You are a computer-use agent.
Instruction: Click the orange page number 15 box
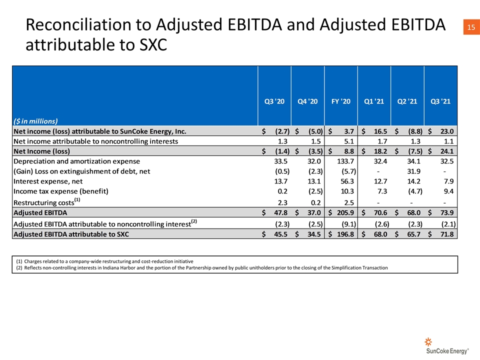click(471, 27)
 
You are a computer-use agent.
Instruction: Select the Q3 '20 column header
click(274, 101)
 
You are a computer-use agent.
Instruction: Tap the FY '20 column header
click(340, 101)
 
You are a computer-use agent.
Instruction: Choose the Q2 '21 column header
click(407, 101)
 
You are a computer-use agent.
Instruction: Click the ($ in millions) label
click(35, 121)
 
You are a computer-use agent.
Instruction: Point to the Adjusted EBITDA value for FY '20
click(345, 212)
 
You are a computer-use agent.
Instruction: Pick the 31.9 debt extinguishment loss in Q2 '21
click(413, 171)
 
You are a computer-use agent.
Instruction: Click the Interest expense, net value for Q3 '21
click(448, 181)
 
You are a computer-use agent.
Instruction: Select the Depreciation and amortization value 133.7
click(345, 161)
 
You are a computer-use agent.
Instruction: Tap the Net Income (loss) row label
click(41, 151)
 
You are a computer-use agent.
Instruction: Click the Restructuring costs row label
click(47, 202)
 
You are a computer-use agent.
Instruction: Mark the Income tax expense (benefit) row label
click(61, 191)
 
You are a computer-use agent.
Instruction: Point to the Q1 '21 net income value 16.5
click(380, 131)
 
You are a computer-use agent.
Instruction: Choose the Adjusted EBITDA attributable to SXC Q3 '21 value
click(447, 234)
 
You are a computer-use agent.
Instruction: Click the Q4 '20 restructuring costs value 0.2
click(315, 202)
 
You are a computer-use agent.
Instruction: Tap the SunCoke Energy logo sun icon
click(428, 341)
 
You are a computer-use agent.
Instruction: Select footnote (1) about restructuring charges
click(104, 261)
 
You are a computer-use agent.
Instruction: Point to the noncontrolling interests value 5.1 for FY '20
click(348, 141)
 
